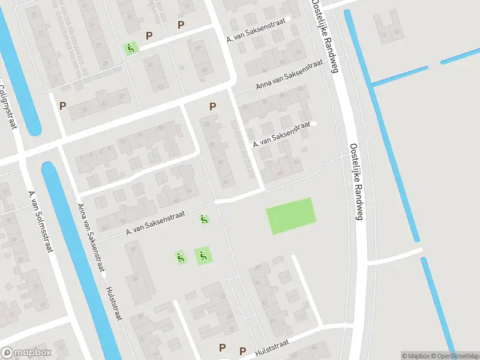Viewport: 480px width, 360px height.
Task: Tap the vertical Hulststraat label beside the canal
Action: (x=113, y=303)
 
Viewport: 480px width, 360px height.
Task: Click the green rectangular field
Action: (x=290, y=216)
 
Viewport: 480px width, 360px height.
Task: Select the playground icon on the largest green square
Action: (x=203, y=256)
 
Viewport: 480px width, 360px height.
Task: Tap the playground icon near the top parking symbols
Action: (x=130, y=48)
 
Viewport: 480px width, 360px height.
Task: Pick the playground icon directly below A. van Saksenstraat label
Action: (x=205, y=220)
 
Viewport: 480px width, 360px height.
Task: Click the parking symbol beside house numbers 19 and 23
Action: (x=62, y=106)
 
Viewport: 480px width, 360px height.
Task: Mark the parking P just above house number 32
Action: (x=212, y=106)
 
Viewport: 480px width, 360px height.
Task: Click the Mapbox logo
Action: (x=26, y=353)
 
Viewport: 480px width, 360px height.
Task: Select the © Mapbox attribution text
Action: (x=416, y=356)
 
